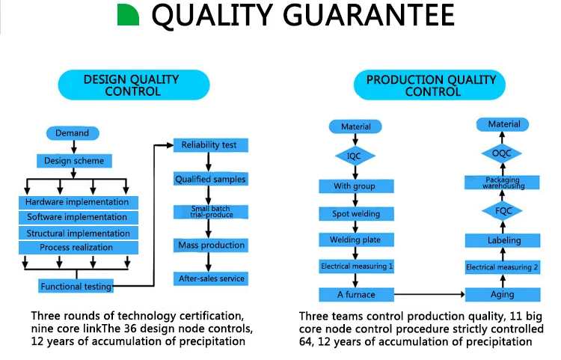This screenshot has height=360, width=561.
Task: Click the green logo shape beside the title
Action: coord(128,16)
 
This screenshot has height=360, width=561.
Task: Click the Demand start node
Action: coord(72,133)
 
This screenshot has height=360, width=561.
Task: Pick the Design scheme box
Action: coord(74,161)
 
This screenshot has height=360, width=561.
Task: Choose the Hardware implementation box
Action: coord(77,202)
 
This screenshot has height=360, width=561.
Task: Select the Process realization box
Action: coord(77,247)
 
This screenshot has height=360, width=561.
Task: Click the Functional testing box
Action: coord(76,286)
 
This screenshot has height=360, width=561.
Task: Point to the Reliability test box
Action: coord(210,144)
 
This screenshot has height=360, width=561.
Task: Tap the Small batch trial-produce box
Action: coord(210,213)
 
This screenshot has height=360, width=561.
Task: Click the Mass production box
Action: coord(210,245)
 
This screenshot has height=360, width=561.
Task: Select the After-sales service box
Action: coord(210,279)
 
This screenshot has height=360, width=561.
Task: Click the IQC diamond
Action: coord(356,156)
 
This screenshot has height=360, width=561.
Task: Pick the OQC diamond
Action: coord(502,153)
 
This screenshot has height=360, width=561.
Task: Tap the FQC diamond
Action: coord(502,211)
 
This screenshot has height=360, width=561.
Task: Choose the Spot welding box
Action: coord(356,214)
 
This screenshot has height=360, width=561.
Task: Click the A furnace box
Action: coord(356,294)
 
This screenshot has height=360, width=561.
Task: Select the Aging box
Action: coord(502,294)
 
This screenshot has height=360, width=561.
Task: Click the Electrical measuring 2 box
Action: coord(502,267)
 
